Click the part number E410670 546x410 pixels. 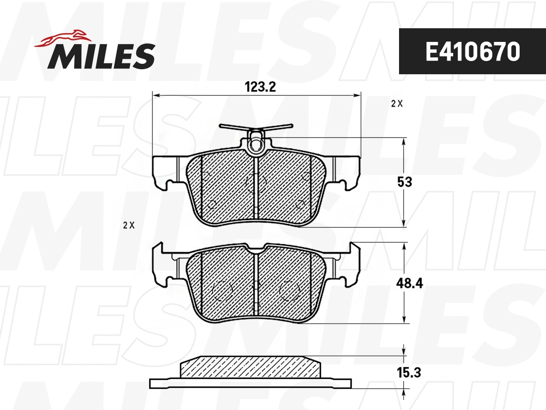[x=472, y=52]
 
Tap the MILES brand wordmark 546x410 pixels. [x=101, y=56]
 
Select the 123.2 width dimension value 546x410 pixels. [x=261, y=87]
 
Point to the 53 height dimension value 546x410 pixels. [x=404, y=182]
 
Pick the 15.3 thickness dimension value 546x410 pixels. [x=408, y=373]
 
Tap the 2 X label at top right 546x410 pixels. [x=397, y=103]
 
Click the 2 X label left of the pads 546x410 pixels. [x=129, y=225]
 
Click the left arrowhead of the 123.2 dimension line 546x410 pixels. [x=156, y=96]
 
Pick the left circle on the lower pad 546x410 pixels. [x=222, y=290]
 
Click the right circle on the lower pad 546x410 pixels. [x=290, y=290]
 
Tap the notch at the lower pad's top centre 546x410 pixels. [x=256, y=249]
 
